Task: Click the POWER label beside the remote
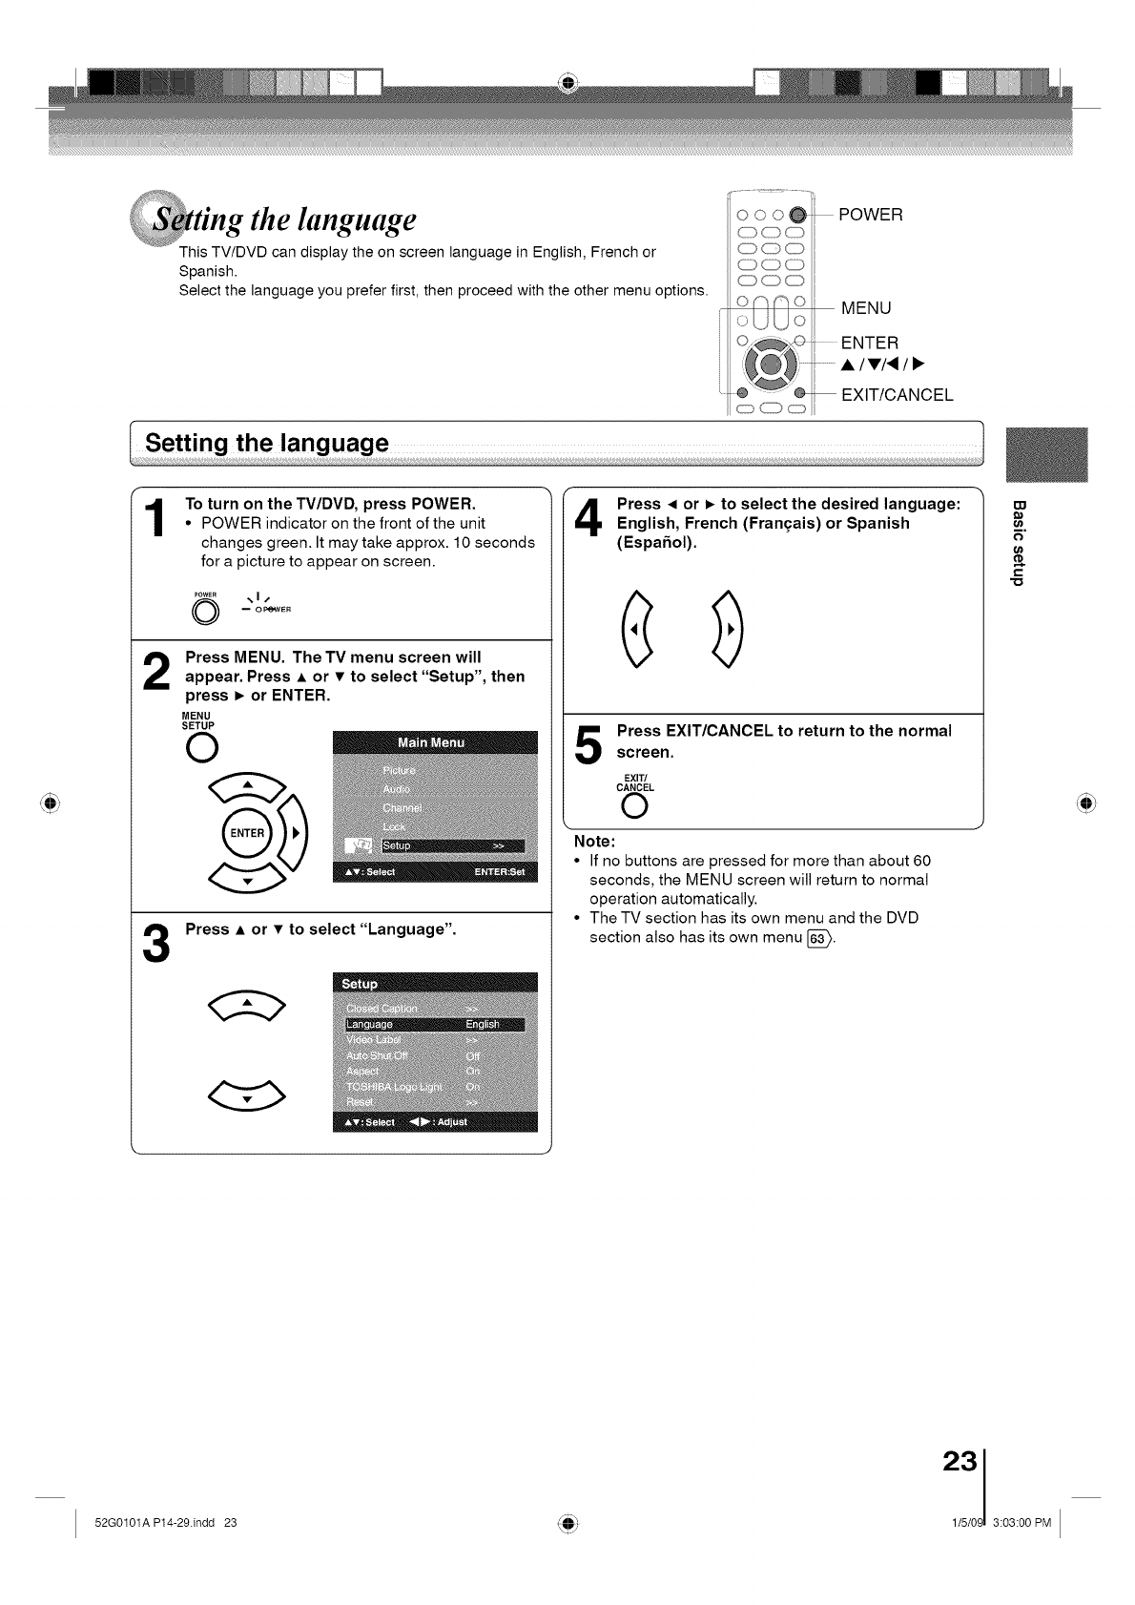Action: [870, 215]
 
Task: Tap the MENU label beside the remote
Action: [865, 308]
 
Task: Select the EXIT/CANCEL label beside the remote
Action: [897, 395]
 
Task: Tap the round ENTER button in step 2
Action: [246, 832]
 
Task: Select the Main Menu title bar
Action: [435, 742]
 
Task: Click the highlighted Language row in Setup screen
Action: [435, 1025]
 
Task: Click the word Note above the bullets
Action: [594, 842]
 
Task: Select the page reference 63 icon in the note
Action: [817, 937]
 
